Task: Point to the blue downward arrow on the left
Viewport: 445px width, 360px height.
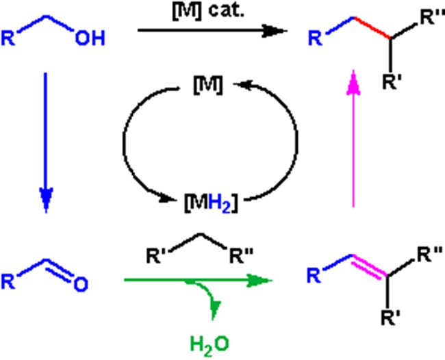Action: [45, 137]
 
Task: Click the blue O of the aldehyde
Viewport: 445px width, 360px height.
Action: [80, 283]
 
